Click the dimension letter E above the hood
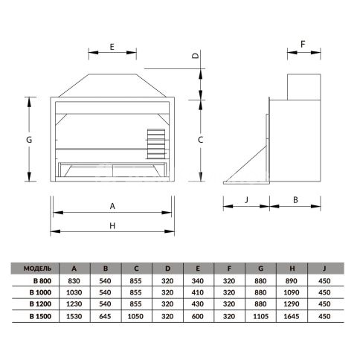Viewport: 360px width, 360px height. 112,47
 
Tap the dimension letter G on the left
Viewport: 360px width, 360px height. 29,140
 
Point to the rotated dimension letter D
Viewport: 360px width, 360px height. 196,56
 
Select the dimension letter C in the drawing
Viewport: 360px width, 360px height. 201,140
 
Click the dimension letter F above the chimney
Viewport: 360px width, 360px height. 303,44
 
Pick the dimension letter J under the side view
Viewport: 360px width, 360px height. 246,199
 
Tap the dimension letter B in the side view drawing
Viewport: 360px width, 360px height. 295,200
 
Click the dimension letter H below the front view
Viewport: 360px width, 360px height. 112,225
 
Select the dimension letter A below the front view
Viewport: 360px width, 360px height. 112,206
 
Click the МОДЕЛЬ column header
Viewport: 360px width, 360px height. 37,269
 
